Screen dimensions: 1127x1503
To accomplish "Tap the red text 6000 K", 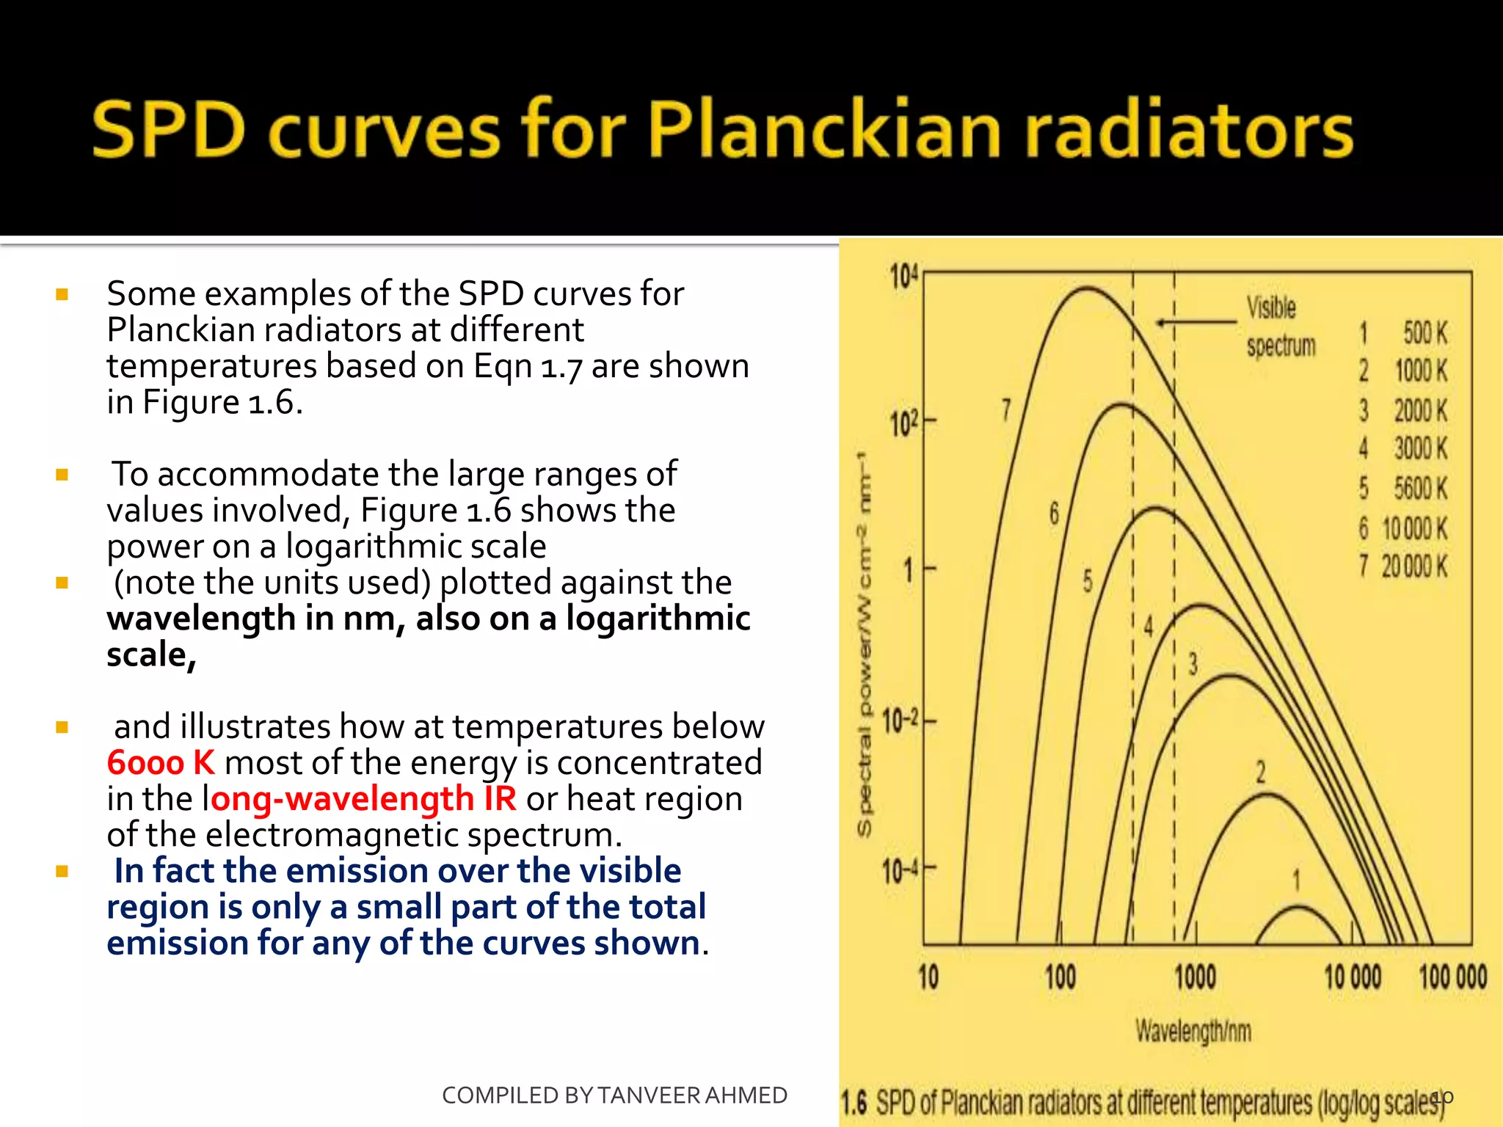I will pyautogui.click(x=161, y=763).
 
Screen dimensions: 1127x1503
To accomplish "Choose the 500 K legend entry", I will pyautogui.click(x=1405, y=333).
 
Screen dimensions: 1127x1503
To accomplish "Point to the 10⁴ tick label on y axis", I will pyautogui.click(x=903, y=277).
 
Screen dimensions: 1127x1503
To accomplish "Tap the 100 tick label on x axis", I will pyautogui.click(x=1060, y=977).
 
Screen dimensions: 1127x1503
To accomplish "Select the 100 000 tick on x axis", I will pyautogui.click(x=1452, y=977).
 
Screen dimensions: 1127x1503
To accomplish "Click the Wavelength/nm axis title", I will pyautogui.click(x=1193, y=1031).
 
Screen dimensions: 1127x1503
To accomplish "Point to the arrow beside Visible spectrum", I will pyautogui.click(x=1196, y=322).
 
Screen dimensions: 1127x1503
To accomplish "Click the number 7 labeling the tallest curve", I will pyautogui.click(x=1006, y=409).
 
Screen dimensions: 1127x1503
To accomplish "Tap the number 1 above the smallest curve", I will pyautogui.click(x=1296, y=880).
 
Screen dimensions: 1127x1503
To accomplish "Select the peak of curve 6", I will pyautogui.click(x=1121, y=404).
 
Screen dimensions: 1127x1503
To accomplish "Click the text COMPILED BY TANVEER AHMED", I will pyautogui.click(x=614, y=1095).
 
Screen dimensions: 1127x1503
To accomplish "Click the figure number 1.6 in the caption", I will pyautogui.click(x=854, y=1102).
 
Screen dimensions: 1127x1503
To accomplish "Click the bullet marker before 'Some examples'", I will pyautogui.click(x=62, y=294).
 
